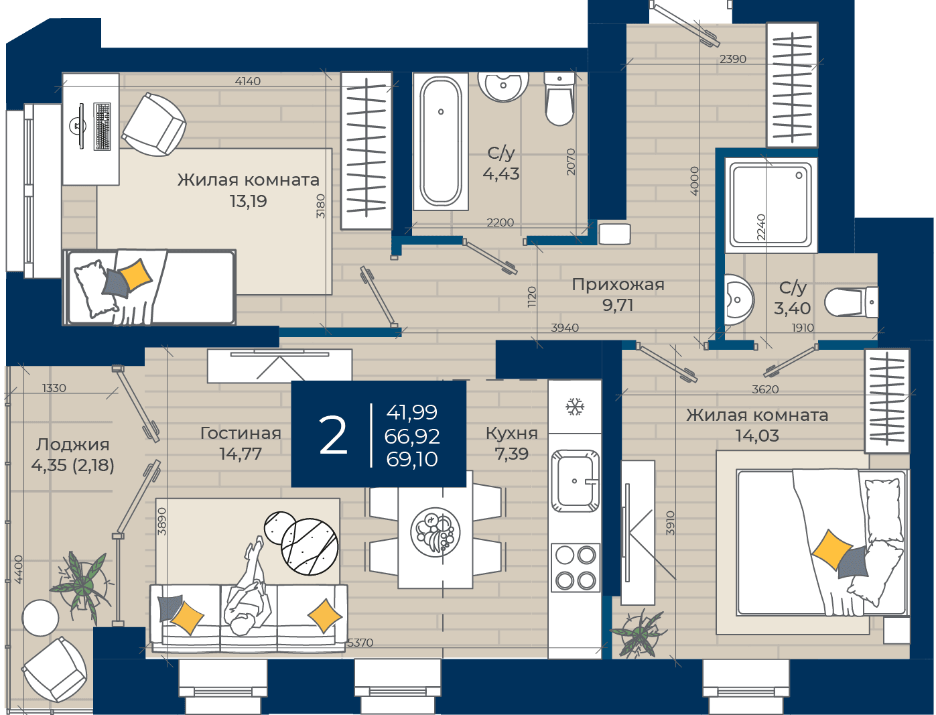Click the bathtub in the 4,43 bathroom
click(440, 141)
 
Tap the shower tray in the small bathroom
click(771, 204)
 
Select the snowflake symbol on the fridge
click(574, 407)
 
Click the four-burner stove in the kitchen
click(576, 568)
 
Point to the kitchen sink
click(575, 480)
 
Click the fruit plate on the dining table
click(435, 531)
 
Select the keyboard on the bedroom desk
click(102, 127)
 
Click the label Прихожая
click(618, 284)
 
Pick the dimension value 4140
click(248, 80)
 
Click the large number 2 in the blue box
click(333, 436)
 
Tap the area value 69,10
click(412, 459)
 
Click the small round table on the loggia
click(40, 618)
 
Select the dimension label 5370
click(360, 643)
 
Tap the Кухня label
click(511, 433)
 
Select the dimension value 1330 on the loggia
click(54, 388)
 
